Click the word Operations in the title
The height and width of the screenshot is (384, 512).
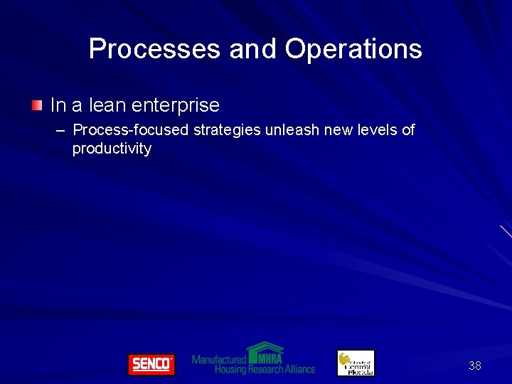coord(353,49)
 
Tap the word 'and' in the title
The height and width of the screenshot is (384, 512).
coord(253,49)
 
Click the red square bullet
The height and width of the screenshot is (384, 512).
coord(37,106)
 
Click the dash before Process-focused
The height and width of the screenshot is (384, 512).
coord(60,131)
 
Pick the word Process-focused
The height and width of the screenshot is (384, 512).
coord(131,131)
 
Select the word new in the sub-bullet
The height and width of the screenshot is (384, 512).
coord(335,131)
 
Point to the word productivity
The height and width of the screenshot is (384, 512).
coord(112,149)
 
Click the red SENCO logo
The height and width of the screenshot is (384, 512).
coord(151,364)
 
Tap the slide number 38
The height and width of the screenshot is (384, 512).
coord(474,366)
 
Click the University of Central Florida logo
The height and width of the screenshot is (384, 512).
coord(356,363)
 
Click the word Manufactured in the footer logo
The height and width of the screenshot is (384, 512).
coord(219,360)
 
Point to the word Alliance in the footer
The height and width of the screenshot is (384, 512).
coord(299,370)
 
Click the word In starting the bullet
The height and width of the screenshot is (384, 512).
coord(58,106)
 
